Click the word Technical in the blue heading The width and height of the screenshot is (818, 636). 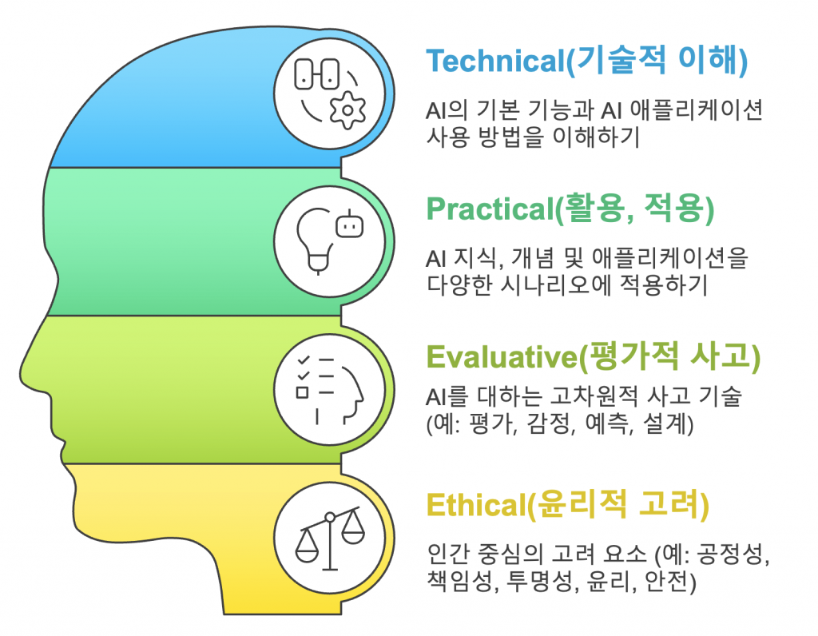pos(495,61)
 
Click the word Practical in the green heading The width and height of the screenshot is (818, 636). pos(490,209)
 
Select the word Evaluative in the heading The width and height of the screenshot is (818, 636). pos(502,357)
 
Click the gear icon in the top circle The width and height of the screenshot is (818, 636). pos(347,110)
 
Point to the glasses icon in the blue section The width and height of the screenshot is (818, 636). pos(317,74)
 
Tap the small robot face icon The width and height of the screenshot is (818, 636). pos(350,224)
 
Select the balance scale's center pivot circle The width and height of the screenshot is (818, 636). pos(330,518)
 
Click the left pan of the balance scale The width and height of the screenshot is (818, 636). pos(307,547)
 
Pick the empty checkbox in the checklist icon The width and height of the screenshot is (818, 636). pos(302,392)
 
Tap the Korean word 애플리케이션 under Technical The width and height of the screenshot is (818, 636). pos(697,110)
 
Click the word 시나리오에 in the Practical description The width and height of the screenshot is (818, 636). pos(555,285)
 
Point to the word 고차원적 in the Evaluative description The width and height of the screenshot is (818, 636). pos(594,396)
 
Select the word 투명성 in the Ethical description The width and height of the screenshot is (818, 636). pos(538,581)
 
